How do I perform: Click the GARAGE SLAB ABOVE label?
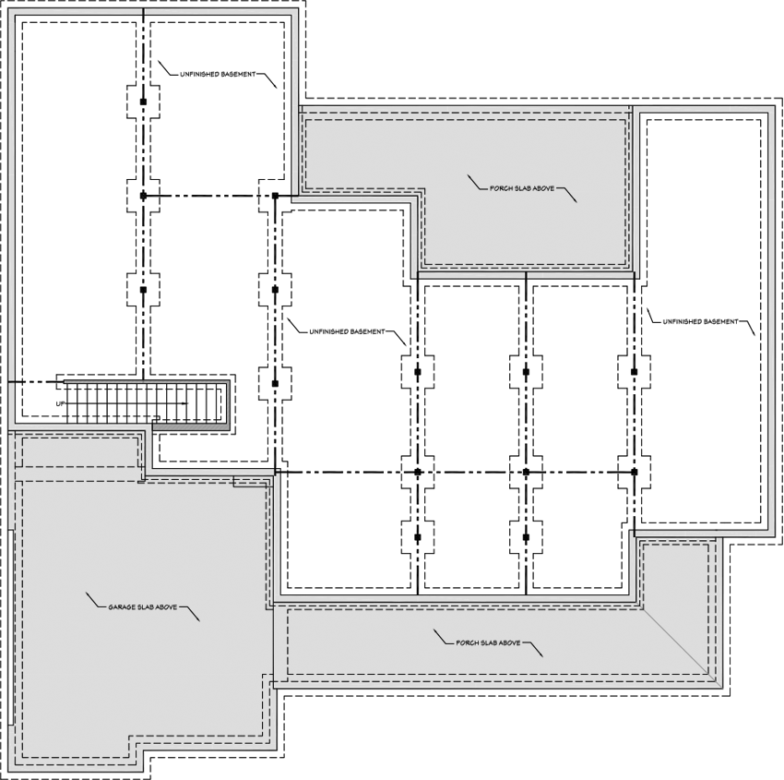(x=143, y=607)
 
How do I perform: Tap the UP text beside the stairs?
(x=60, y=404)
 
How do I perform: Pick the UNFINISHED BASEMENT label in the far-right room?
(x=700, y=321)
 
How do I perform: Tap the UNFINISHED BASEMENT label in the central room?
(x=346, y=331)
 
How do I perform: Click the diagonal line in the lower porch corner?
(x=676, y=642)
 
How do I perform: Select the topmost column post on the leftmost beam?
(x=143, y=101)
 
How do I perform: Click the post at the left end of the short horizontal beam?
(x=143, y=196)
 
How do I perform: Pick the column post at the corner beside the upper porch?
(x=275, y=196)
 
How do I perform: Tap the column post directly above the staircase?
(x=143, y=290)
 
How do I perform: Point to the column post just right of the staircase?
(x=275, y=382)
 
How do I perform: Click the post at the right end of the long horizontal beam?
(x=634, y=472)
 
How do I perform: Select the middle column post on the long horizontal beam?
(x=526, y=472)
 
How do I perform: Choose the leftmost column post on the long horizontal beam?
(x=417, y=472)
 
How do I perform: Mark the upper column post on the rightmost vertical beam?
(x=634, y=372)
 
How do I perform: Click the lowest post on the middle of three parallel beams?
(x=526, y=536)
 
